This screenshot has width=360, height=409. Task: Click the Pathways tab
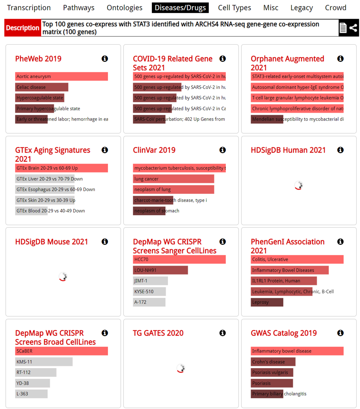click(x=79, y=8)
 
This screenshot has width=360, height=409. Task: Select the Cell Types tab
click(x=234, y=8)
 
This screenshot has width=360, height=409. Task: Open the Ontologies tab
click(x=125, y=8)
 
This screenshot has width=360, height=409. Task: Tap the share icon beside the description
click(x=354, y=28)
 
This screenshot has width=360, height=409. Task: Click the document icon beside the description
click(x=343, y=28)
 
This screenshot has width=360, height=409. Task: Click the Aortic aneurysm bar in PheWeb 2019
click(x=61, y=76)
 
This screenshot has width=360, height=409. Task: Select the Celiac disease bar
click(x=42, y=87)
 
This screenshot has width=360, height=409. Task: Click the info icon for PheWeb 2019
click(x=105, y=59)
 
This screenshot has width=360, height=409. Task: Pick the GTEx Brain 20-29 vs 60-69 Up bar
click(x=61, y=168)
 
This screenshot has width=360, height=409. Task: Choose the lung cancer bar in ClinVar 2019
click(x=173, y=179)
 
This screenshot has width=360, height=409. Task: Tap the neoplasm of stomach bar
click(x=149, y=211)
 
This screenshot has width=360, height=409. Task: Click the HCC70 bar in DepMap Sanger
click(x=179, y=259)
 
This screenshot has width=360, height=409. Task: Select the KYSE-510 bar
click(x=149, y=291)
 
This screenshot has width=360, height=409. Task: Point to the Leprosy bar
click(x=267, y=302)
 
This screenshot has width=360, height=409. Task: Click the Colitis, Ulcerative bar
click(x=297, y=259)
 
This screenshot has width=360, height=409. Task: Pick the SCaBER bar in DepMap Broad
click(x=61, y=351)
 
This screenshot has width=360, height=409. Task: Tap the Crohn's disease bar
click(x=273, y=362)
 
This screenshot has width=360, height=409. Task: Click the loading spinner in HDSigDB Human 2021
click(x=299, y=185)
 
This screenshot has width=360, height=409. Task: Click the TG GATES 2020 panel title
click(x=158, y=333)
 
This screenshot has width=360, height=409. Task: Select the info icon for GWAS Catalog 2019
click(x=340, y=333)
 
